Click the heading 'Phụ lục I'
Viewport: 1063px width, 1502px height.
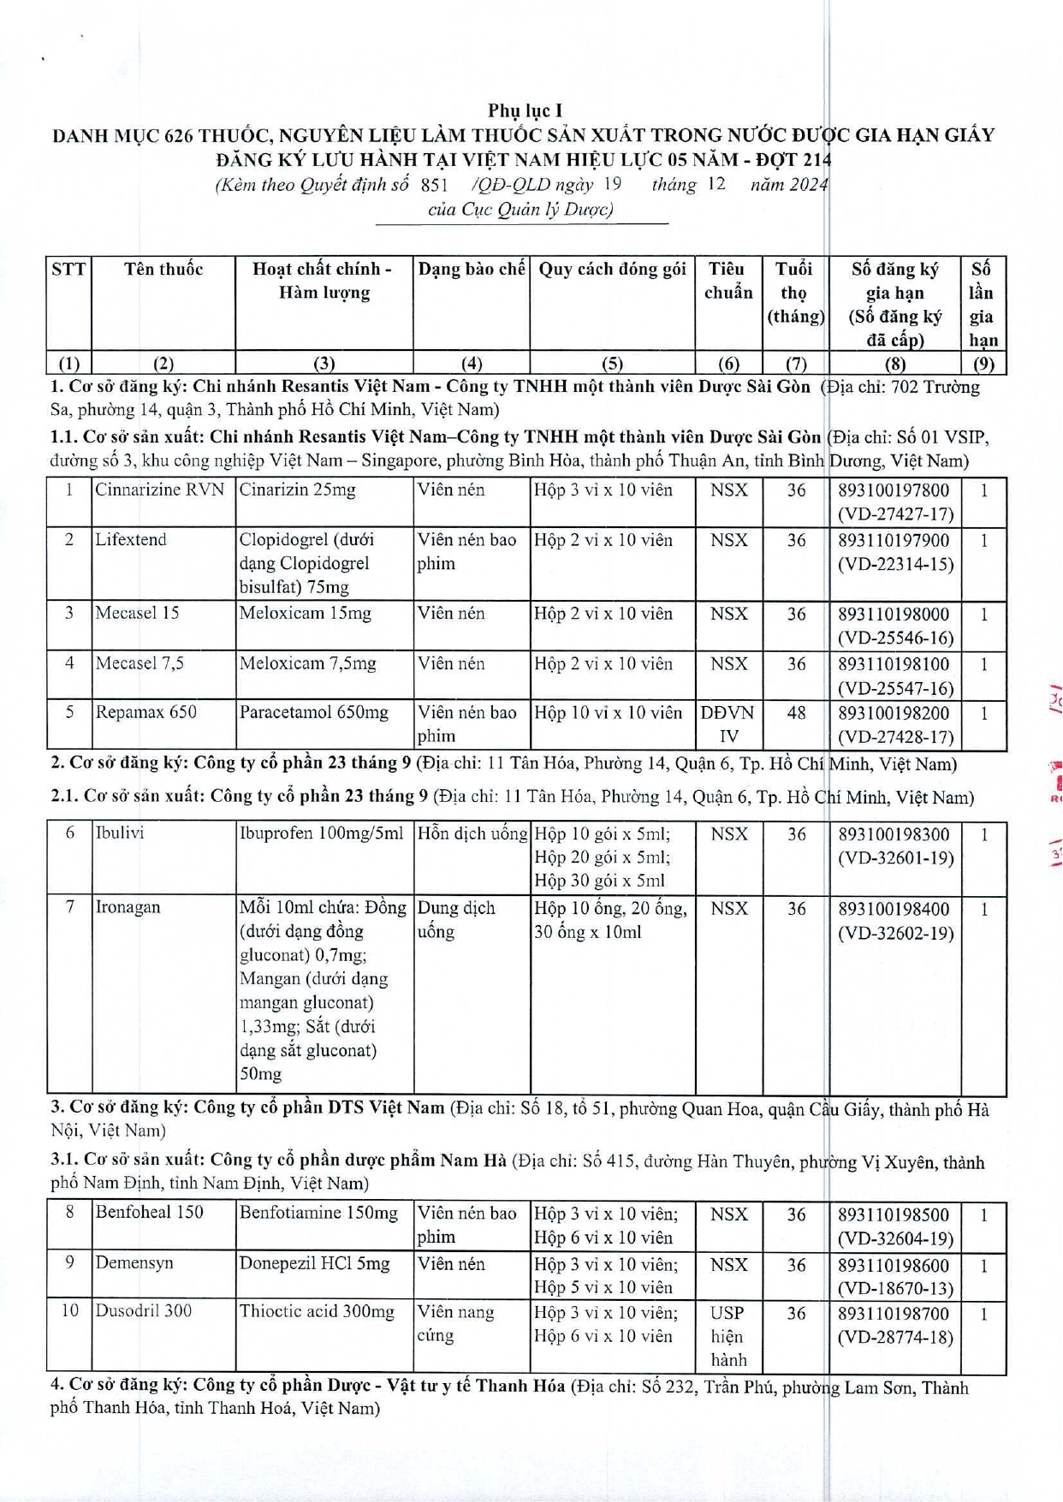click(525, 110)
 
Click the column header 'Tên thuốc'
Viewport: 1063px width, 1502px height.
click(163, 270)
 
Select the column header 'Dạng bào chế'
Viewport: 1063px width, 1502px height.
click(472, 270)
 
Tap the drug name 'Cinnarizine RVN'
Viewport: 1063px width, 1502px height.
click(160, 490)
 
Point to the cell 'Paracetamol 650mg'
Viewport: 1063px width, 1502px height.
click(314, 713)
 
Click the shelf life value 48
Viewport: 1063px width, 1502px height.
click(796, 713)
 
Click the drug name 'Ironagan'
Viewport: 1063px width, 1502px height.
click(128, 908)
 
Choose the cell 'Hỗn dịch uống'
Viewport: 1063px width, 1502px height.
click(472, 834)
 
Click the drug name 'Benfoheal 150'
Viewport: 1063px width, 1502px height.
click(150, 1213)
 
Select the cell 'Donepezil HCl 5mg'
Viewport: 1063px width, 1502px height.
click(315, 1263)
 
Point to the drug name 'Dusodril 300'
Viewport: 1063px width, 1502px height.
click(144, 1311)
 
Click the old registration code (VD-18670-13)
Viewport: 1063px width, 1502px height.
click(895, 1287)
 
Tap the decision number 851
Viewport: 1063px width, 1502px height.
click(435, 185)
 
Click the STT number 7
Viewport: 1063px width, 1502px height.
click(70, 908)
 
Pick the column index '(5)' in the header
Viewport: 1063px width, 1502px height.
click(613, 363)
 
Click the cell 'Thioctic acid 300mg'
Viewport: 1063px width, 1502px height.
click(318, 1311)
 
